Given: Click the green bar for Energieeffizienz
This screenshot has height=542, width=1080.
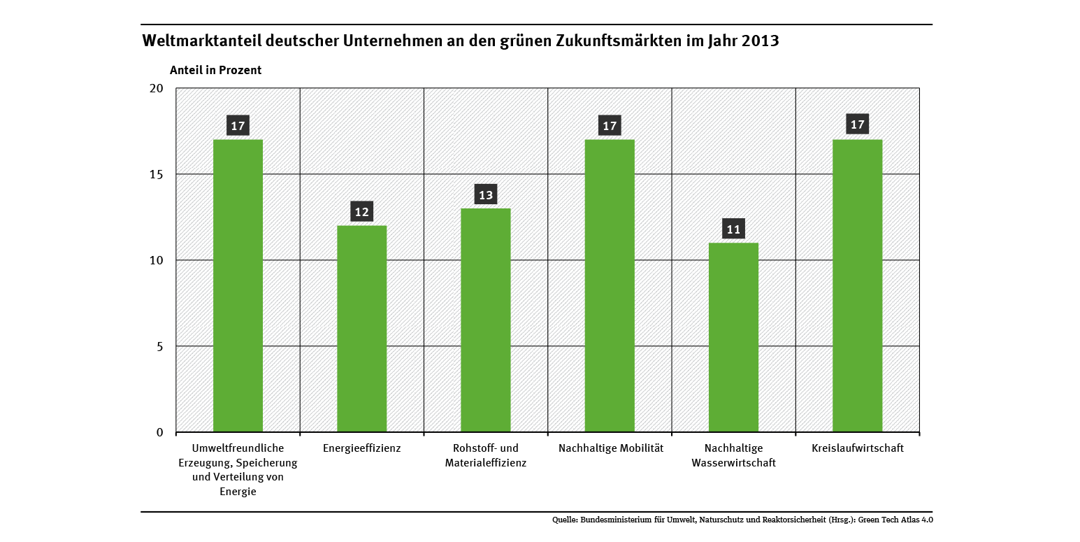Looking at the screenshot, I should [x=361, y=329].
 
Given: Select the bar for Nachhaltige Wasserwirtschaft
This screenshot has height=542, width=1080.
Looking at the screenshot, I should [x=733, y=337].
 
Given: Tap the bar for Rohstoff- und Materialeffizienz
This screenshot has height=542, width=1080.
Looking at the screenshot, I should [x=485, y=320].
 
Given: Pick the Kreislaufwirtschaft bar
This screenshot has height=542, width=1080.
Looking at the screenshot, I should [x=857, y=285].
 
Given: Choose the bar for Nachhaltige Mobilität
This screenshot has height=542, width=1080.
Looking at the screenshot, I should [x=610, y=285].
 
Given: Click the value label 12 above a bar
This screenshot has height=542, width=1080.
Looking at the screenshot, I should [x=361, y=212].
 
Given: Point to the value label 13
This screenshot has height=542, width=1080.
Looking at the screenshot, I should [x=485, y=194].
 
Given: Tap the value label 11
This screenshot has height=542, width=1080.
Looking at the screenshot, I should [x=733, y=229].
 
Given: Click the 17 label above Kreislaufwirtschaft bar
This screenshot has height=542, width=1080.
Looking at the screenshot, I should [x=857, y=125].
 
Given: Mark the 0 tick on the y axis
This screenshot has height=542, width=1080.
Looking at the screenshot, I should [x=159, y=432].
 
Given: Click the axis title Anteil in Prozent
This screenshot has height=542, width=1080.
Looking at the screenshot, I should [x=216, y=70].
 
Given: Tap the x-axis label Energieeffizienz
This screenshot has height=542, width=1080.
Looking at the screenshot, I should [x=361, y=448].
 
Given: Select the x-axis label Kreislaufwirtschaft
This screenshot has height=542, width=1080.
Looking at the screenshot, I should [x=858, y=448].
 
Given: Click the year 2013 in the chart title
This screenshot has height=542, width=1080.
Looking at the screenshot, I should [x=760, y=41].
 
